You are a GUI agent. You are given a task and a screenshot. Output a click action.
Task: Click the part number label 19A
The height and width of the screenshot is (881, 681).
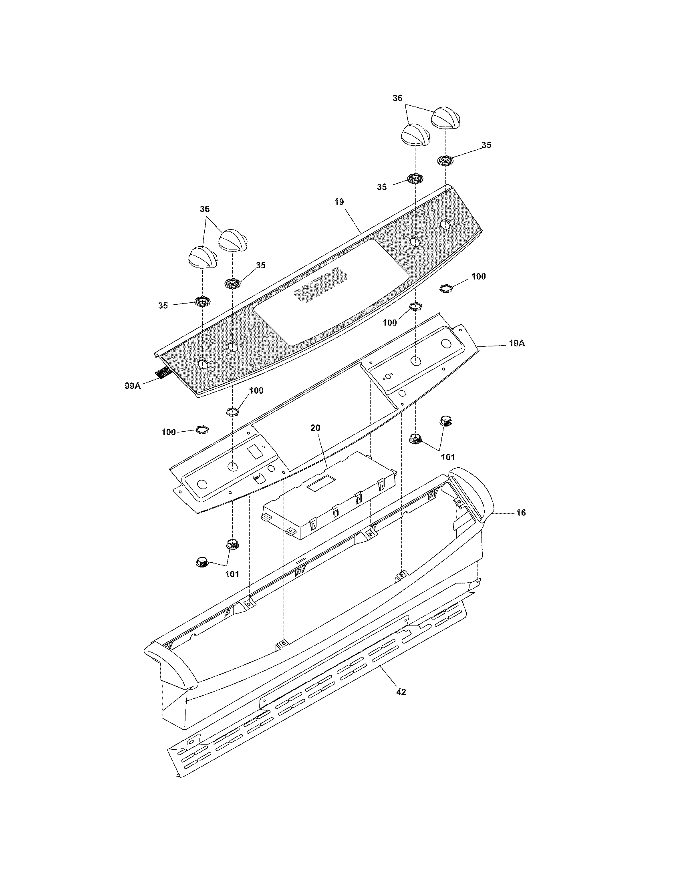(x=516, y=344)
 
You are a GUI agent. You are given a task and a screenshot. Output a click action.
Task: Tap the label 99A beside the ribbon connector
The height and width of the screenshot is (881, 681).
(x=132, y=386)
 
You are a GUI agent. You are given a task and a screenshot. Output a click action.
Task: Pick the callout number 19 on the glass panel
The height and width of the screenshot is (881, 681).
(x=339, y=202)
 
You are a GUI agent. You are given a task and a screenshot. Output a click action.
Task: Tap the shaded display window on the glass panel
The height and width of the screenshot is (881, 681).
(x=321, y=286)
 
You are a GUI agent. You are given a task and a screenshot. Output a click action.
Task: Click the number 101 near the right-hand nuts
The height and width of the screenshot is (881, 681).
(x=448, y=457)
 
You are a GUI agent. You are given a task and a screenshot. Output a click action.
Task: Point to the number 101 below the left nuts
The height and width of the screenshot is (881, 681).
(x=232, y=574)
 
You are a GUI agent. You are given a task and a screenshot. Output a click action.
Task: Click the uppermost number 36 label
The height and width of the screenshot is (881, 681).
(x=397, y=98)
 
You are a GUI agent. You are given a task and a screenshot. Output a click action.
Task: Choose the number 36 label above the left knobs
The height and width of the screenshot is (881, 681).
(x=205, y=209)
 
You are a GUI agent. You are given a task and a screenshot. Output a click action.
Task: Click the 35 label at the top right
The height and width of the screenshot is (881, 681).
(x=487, y=145)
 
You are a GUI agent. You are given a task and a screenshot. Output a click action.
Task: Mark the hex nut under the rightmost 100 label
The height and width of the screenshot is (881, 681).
(x=445, y=288)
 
